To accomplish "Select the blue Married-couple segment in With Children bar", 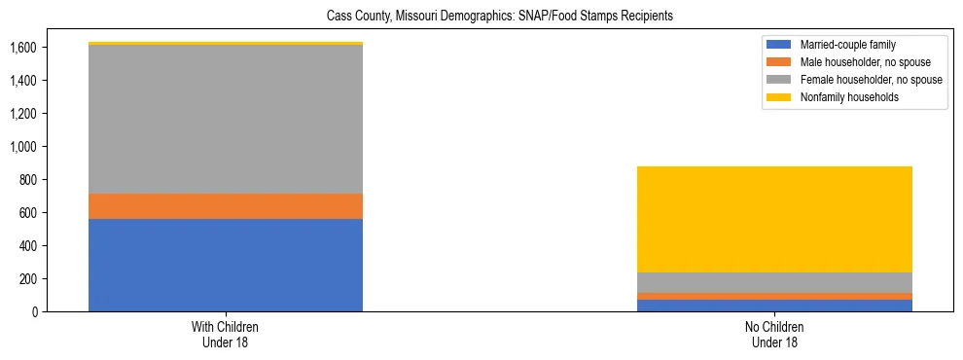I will [226, 265].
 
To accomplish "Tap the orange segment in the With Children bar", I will [226, 206].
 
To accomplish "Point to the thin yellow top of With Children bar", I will [226, 43].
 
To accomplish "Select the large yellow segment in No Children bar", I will [774, 219].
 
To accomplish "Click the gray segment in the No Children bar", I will [774, 282].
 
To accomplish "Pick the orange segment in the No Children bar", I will [774, 296].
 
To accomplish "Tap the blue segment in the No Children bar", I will [774, 306].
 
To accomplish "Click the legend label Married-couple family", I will [847, 45].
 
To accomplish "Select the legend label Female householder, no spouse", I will [870, 80].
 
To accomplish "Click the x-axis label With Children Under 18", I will [226, 335].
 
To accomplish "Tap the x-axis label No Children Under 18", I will [774, 335].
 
